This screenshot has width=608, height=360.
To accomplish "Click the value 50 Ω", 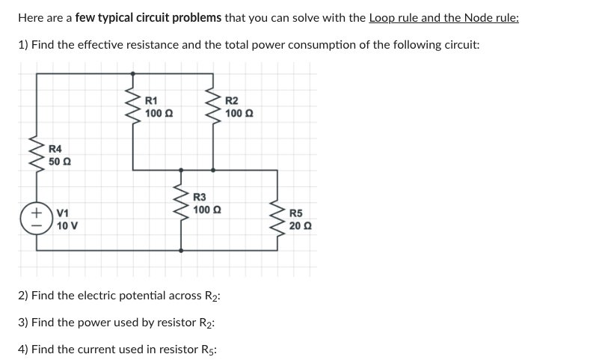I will click(x=60, y=162).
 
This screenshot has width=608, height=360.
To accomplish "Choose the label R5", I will click(x=298, y=213).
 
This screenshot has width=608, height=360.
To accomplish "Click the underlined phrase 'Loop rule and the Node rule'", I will click(x=443, y=17).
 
